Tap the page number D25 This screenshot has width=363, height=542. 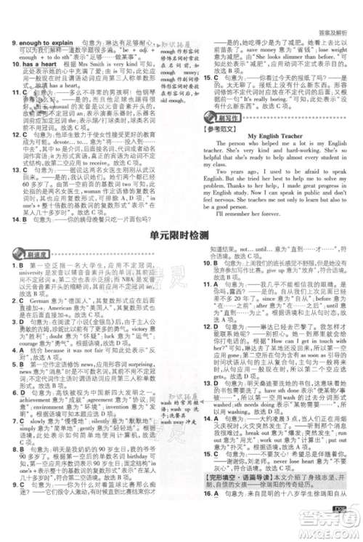pyautogui.click(x=339, y=522)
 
